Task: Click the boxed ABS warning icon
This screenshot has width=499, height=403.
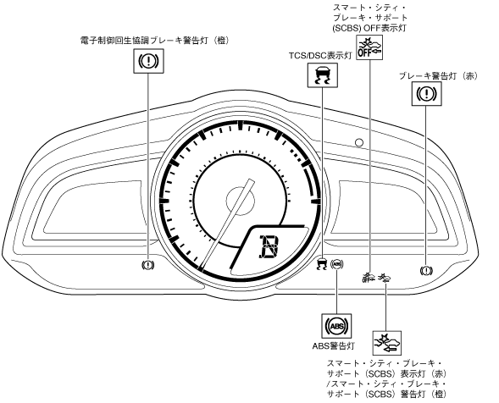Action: tap(336, 326)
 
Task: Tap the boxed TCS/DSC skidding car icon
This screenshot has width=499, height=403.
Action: tap(323, 75)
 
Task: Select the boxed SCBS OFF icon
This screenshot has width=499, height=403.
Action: tap(369, 47)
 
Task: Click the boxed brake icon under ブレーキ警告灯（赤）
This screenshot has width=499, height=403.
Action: tap(427, 93)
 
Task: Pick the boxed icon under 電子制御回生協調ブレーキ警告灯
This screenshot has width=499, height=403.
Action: tap(148, 61)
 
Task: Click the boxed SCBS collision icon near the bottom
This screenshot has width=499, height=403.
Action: tap(387, 343)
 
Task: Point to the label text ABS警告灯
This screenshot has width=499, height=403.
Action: tap(334, 345)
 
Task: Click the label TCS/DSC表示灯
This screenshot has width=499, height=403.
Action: tap(320, 55)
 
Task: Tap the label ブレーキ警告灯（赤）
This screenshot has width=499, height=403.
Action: tap(439, 76)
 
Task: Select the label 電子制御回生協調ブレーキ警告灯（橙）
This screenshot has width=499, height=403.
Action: tap(155, 41)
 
